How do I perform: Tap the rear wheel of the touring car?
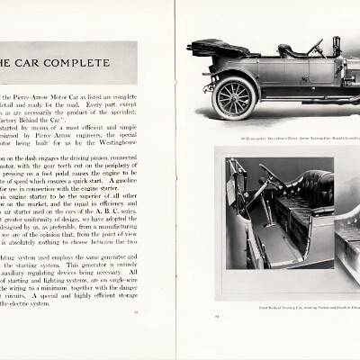pyautogui.click(x=235, y=96)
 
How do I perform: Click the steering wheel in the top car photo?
pyautogui.click(x=316, y=47)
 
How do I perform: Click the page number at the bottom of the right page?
pyautogui.click(x=217, y=317)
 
